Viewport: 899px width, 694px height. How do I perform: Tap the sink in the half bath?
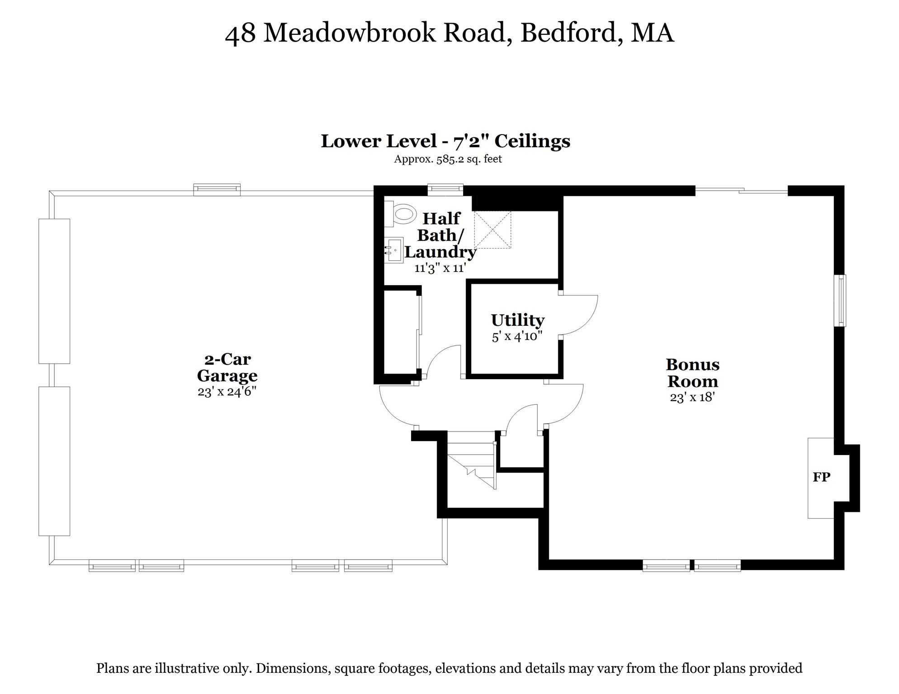(395, 250)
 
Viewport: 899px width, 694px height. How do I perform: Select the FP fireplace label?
(821, 477)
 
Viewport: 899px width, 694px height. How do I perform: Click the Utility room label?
(518, 320)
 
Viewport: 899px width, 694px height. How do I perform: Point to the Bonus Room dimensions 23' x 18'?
(692, 398)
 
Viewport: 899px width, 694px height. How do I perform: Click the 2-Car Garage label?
(227, 367)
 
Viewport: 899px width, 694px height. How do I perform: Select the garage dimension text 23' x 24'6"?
(227, 391)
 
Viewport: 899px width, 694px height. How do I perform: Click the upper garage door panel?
(54, 291)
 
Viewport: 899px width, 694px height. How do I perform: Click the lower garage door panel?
(54, 461)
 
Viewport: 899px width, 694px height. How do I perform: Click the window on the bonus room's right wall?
(840, 300)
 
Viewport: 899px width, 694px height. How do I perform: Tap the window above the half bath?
(445, 189)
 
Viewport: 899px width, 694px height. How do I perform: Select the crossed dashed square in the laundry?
(492, 230)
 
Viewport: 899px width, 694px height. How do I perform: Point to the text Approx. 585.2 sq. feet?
(448, 159)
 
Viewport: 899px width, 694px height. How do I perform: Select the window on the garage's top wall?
(217, 190)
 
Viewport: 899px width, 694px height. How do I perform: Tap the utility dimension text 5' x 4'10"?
(517, 337)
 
